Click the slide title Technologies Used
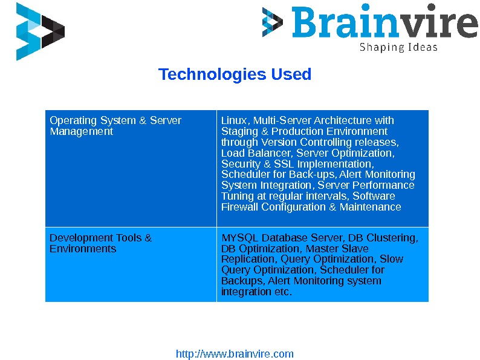click(x=235, y=74)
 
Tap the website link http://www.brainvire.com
click(x=235, y=354)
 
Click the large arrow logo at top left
click(x=39, y=31)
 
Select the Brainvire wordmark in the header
click(x=384, y=23)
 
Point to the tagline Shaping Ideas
click(x=398, y=47)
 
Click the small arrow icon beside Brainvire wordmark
click(x=272, y=22)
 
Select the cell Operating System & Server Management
click(x=115, y=126)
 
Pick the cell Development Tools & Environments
click(x=100, y=243)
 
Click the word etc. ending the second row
click(x=283, y=292)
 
